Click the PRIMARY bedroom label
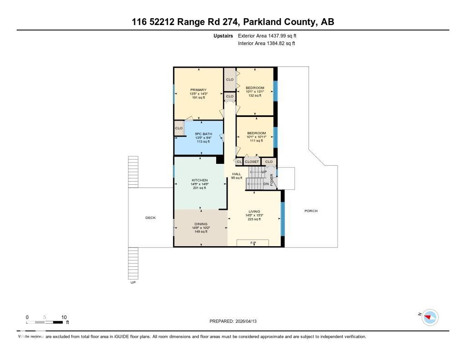198,90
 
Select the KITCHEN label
199,180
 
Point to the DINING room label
201,224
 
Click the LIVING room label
254,211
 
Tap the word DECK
150,218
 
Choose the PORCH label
311,211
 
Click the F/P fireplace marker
253,243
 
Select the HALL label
237,174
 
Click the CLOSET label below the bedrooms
252,162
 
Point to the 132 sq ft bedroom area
255,96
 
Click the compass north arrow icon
429,317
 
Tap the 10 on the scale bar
64,317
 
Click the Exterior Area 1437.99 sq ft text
267,35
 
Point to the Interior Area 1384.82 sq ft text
266,43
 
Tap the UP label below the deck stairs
133,283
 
